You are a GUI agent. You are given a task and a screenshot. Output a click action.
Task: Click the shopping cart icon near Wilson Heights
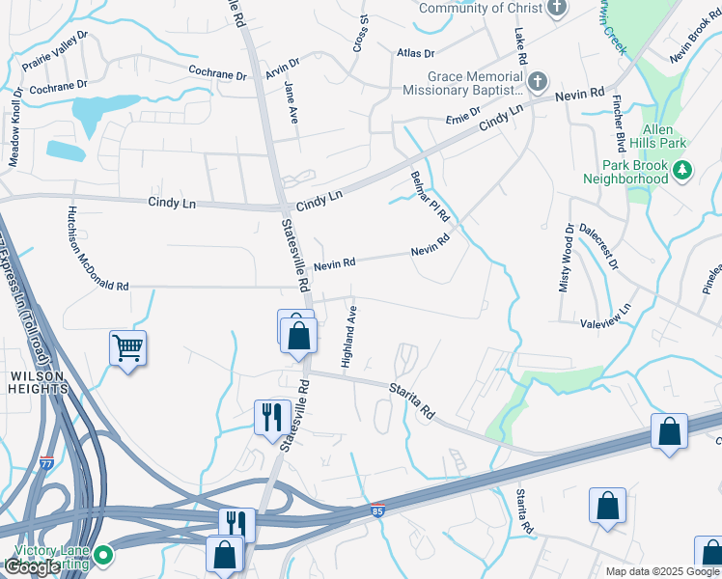(128, 346)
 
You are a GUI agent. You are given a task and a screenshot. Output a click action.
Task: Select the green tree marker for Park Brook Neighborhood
(682, 171)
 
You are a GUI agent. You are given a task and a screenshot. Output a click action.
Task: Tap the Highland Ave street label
(350, 336)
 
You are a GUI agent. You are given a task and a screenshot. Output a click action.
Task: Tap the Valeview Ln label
(606, 315)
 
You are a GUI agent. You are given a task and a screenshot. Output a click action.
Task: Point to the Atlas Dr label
(416, 53)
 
